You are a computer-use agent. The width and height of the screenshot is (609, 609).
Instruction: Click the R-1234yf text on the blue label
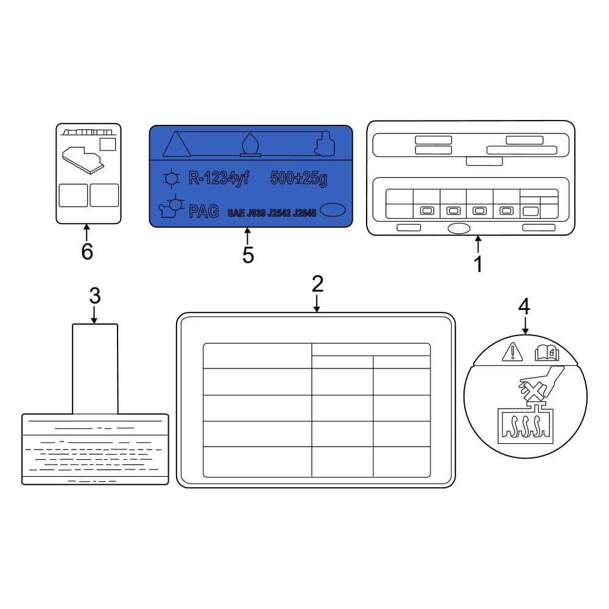[x=219, y=178]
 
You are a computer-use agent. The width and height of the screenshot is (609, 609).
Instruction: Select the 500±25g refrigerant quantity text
[x=298, y=178]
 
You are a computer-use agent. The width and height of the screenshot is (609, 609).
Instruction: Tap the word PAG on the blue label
[x=203, y=212]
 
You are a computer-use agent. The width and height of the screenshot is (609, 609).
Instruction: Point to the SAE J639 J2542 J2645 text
[x=272, y=213]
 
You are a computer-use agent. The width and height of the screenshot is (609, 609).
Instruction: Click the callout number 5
[x=248, y=255]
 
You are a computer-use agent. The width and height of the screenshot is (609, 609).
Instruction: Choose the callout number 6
[x=87, y=252]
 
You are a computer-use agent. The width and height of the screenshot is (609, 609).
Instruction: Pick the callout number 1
[x=479, y=264]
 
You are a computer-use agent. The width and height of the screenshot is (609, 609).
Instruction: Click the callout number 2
[x=317, y=284]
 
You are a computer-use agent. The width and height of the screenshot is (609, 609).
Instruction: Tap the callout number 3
[x=95, y=295]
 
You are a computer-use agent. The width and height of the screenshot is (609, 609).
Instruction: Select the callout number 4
[x=524, y=306]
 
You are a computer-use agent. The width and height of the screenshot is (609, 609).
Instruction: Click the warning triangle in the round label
[x=513, y=351]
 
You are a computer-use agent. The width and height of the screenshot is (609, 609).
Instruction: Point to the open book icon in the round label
[x=547, y=353]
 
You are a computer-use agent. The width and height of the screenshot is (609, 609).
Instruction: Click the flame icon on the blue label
[x=250, y=145]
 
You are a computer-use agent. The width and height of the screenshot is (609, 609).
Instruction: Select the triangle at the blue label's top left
[x=177, y=143]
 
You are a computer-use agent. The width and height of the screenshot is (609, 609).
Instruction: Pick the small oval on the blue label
[x=333, y=209]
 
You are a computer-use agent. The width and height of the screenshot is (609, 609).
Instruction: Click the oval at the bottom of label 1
[x=459, y=228]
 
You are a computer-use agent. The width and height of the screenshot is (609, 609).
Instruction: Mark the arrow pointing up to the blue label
[x=247, y=236]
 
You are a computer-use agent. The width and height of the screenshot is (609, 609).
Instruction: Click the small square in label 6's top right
[x=108, y=144]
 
